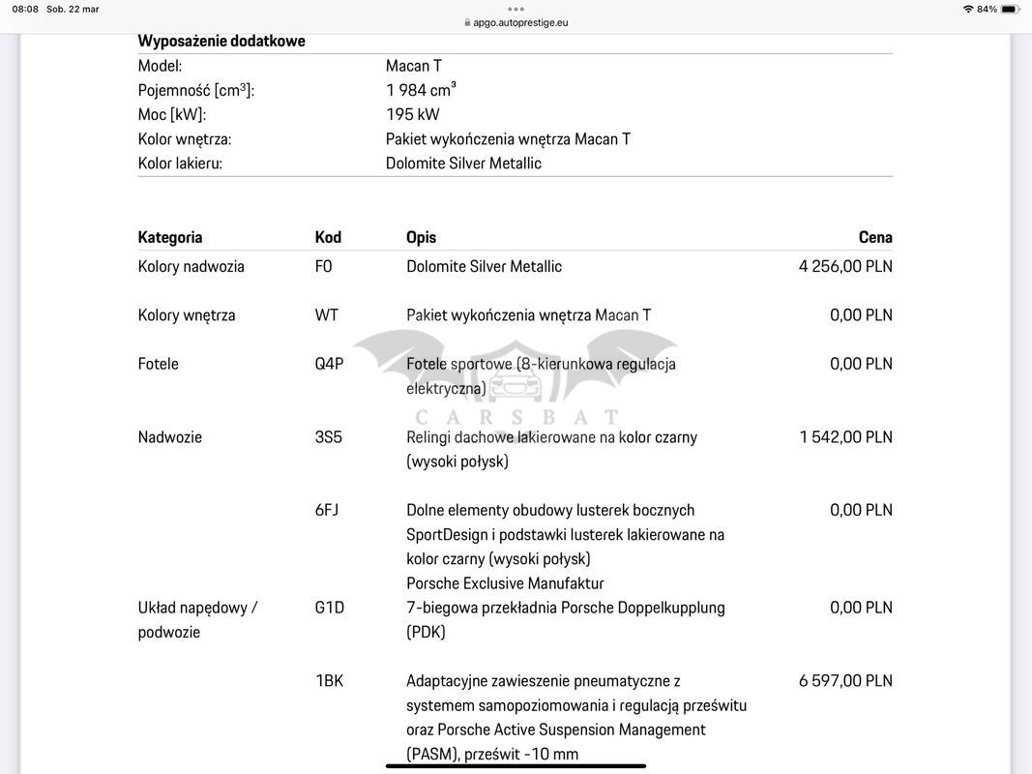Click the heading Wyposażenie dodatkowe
pos(221,41)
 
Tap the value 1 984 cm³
pos(421,90)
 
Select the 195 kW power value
pos(413,114)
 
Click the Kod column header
pos(328,237)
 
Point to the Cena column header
pos(875,237)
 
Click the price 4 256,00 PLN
pos(845,266)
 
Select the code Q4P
pos(329,364)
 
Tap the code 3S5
pos(329,436)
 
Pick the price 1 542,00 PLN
pos(845,436)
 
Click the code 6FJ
pos(327,510)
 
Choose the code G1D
pos(330,608)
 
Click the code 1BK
pos(330,680)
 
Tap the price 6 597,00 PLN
pos(845,680)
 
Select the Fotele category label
pos(159,364)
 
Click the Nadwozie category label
pos(170,436)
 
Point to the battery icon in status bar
pos(1010,9)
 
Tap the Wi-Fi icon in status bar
pos(967,9)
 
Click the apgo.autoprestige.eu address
pos(520,22)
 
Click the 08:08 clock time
pos(26,9)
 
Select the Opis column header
pos(421,237)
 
